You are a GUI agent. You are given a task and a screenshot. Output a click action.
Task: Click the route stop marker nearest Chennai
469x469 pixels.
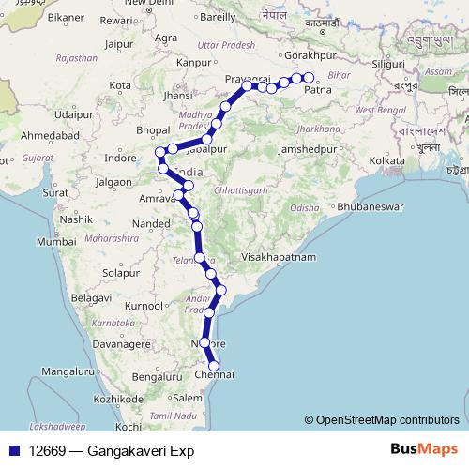pyautogui.click(x=214, y=365)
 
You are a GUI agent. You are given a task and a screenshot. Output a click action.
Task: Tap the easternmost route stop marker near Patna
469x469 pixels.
pyautogui.click(x=307, y=78)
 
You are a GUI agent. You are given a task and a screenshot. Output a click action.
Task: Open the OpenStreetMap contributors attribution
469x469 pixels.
pyautogui.click(x=387, y=420)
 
